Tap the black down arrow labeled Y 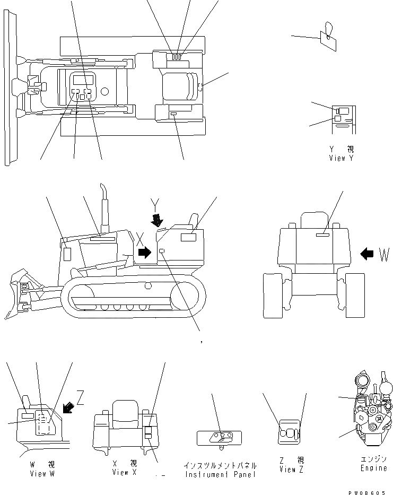[156, 219]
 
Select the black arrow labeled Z [68, 407]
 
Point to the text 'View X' [125, 473]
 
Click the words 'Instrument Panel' [220, 474]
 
